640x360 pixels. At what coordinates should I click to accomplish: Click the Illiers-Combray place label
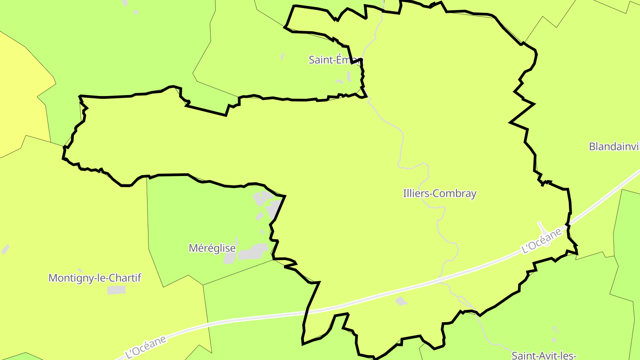tap(440, 193)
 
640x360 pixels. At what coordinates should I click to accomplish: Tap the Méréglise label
tap(212, 248)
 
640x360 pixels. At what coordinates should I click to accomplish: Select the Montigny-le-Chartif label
tap(95, 278)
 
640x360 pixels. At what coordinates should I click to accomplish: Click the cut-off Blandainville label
tap(614, 146)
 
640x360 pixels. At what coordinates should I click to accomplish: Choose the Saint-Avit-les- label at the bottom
tap(544, 356)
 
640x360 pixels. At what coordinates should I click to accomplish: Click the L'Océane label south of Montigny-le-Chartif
tap(146, 347)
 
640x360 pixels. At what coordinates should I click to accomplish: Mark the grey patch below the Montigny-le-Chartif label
tap(116, 290)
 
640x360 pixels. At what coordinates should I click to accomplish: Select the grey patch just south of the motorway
tap(401, 301)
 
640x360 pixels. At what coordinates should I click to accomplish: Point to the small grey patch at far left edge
tap(5, 249)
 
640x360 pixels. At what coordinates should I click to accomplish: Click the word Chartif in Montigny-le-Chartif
tap(126, 278)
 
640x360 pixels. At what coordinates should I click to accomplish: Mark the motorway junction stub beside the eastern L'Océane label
tap(542, 226)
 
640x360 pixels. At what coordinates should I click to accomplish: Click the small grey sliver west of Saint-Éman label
tap(282, 56)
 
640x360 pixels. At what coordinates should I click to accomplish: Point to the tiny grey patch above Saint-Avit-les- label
tap(554, 329)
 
